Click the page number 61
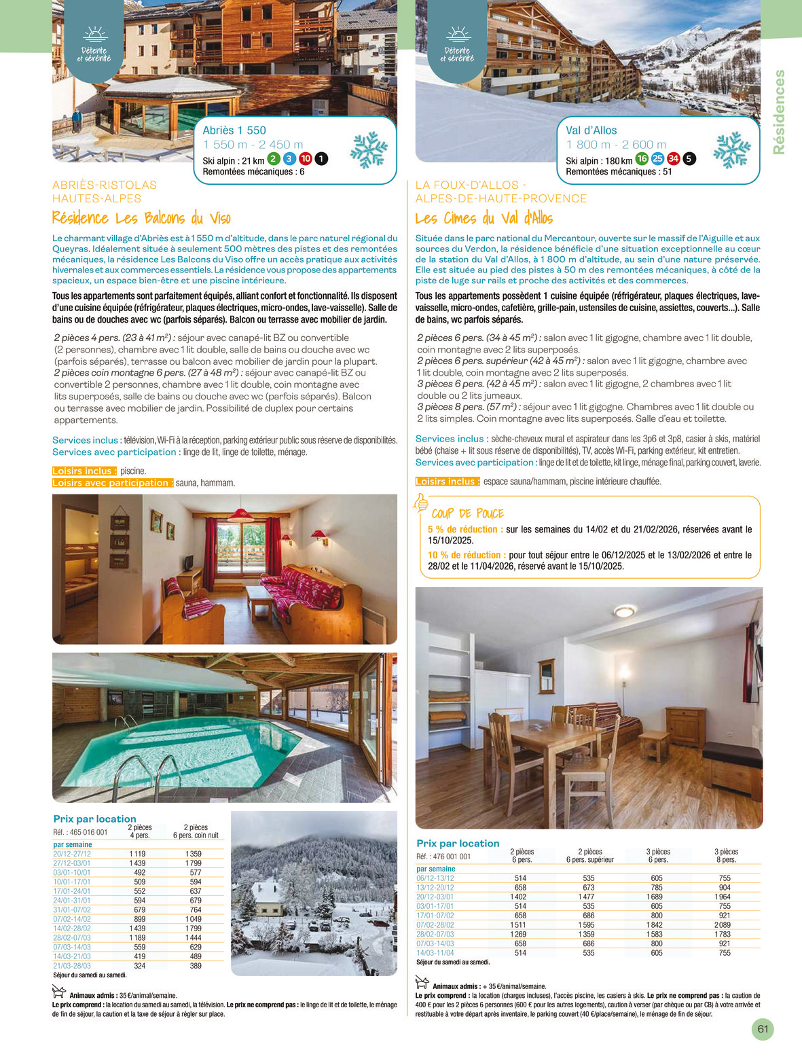pyautogui.click(x=763, y=1028)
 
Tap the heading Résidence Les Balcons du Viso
pyautogui.click(x=141, y=218)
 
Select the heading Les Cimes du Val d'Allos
pyautogui.click(x=484, y=218)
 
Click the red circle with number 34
pyautogui.click(x=673, y=159)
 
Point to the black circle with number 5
pyautogui.click(x=689, y=159)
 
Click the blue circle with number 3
pyautogui.click(x=289, y=159)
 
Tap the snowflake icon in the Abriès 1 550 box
pyautogui.click(x=369, y=149)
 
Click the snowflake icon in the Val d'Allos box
pyautogui.click(x=731, y=149)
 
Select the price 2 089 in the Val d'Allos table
pyautogui.click(x=724, y=924)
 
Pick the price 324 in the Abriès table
pyautogui.click(x=139, y=965)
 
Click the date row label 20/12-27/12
pyautogui.click(x=72, y=854)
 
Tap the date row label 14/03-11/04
pyautogui.click(x=435, y=953)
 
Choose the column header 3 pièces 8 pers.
pyautogui.click(x=726, y=855)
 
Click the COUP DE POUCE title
pyautogui.click(x=467, y=514)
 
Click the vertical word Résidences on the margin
pyautogui.click(x=779, y=112)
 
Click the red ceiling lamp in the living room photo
pyautogui.click(x=240, y=512)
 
